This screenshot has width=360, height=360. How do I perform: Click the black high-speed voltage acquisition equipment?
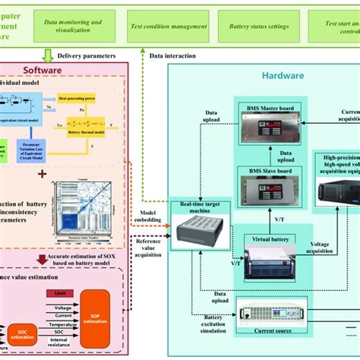point(339,197)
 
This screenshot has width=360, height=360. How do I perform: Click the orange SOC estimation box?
point(18,330)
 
